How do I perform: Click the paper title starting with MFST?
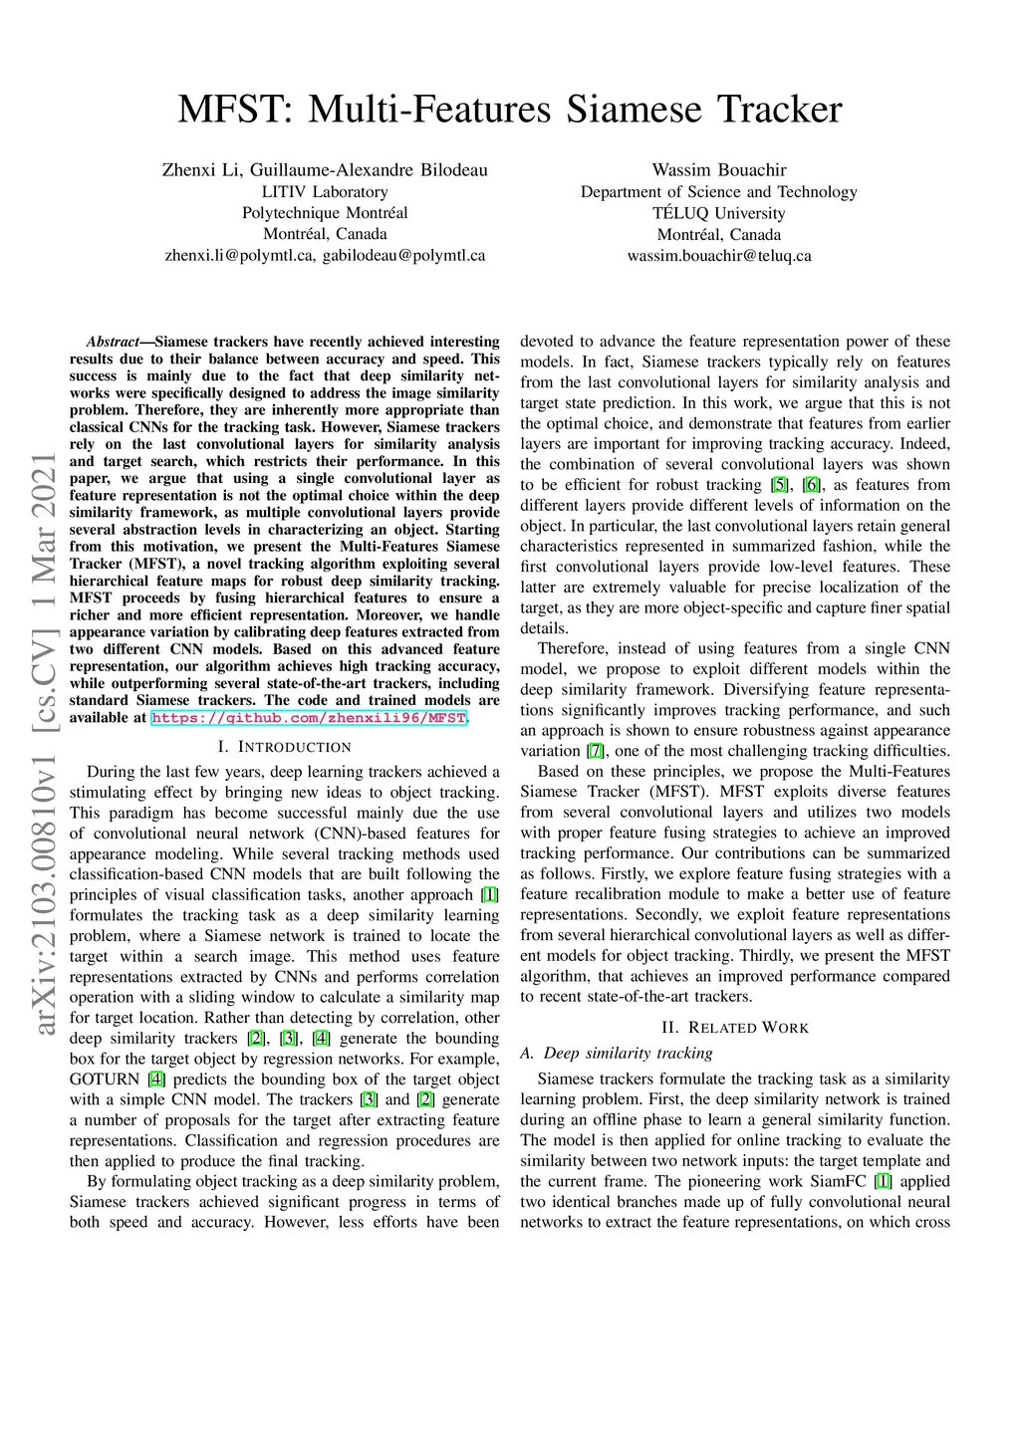[x=509, y=109]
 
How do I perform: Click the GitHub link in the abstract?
[x=309, y=718]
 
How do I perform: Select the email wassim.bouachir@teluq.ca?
[x=718, y=256]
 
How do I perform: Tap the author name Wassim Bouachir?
[x=718, y=170]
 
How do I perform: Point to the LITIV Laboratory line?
[x=325, y=192]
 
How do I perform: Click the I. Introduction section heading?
[x=284, y=747]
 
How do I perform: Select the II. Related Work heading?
[x=735, y=1028]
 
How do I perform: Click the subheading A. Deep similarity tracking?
[x=617, y=1054]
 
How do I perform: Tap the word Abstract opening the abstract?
[x=113, y=342]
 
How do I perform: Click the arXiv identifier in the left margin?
[x=45, y=743]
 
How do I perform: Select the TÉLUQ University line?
[x=718, y=213]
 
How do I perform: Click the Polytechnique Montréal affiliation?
[x=325, y=213]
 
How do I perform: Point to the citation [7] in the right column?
[x=595, y=751]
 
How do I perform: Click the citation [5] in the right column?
[x=779, y=485]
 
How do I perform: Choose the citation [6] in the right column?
[x=812, y=485]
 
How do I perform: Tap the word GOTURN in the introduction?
[x=105, y=1080]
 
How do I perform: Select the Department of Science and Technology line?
[x=718, y=192]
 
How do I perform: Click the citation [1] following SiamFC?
[x=883, y=1182]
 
